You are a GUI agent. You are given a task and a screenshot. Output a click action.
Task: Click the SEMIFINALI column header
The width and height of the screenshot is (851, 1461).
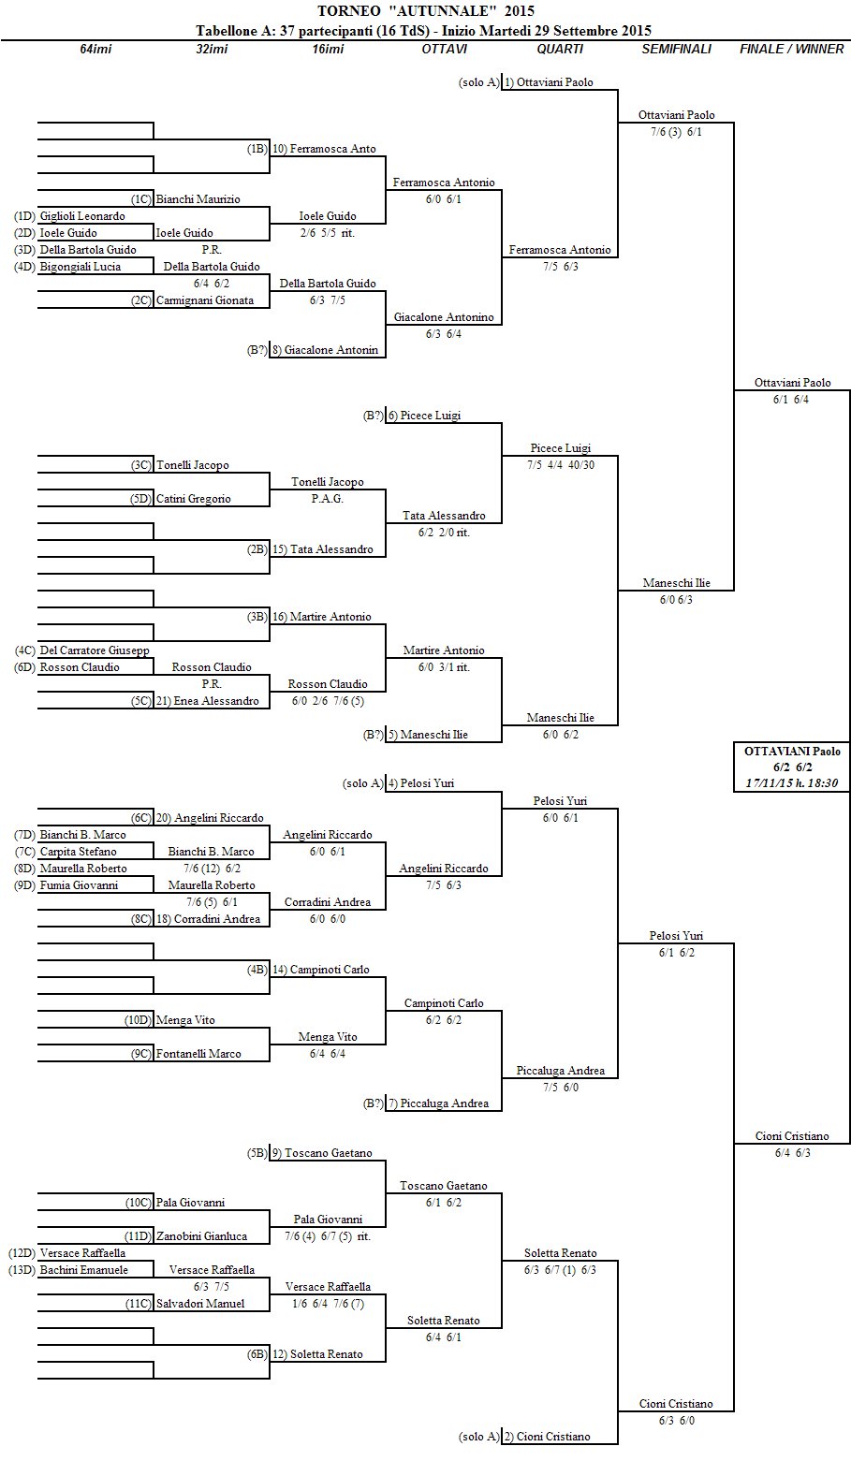point(676,49)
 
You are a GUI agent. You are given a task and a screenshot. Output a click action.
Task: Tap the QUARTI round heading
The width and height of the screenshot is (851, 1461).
point(560,49)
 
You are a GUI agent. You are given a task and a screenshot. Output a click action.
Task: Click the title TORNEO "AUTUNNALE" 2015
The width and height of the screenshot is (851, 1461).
point(426,11)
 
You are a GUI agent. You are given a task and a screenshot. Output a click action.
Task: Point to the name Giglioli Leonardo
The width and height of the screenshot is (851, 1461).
point(82,216)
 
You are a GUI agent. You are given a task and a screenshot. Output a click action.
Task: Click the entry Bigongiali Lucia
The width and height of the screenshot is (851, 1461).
point(80,267)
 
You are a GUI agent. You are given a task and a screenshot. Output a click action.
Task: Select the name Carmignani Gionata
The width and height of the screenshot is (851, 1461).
point(201,300)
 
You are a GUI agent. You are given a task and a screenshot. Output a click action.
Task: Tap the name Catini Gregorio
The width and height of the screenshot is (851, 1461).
point(193,499)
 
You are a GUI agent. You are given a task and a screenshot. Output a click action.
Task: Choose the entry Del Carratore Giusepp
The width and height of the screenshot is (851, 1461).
point(95,650)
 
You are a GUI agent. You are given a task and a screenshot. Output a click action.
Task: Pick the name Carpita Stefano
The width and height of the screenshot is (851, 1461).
point(78,852)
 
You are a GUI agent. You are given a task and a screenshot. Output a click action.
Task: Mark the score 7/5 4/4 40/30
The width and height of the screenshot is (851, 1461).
point(560,465)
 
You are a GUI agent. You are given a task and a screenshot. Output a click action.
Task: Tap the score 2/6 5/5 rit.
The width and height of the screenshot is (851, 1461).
point(327,233)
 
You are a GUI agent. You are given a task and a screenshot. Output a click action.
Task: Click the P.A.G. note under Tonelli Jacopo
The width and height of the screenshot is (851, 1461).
point(327,499)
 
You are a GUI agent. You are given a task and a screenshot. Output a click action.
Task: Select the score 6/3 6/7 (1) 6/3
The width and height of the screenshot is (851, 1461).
point(560,1270)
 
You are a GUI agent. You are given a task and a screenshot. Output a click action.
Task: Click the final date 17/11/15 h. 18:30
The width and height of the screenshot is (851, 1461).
point(792,782)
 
